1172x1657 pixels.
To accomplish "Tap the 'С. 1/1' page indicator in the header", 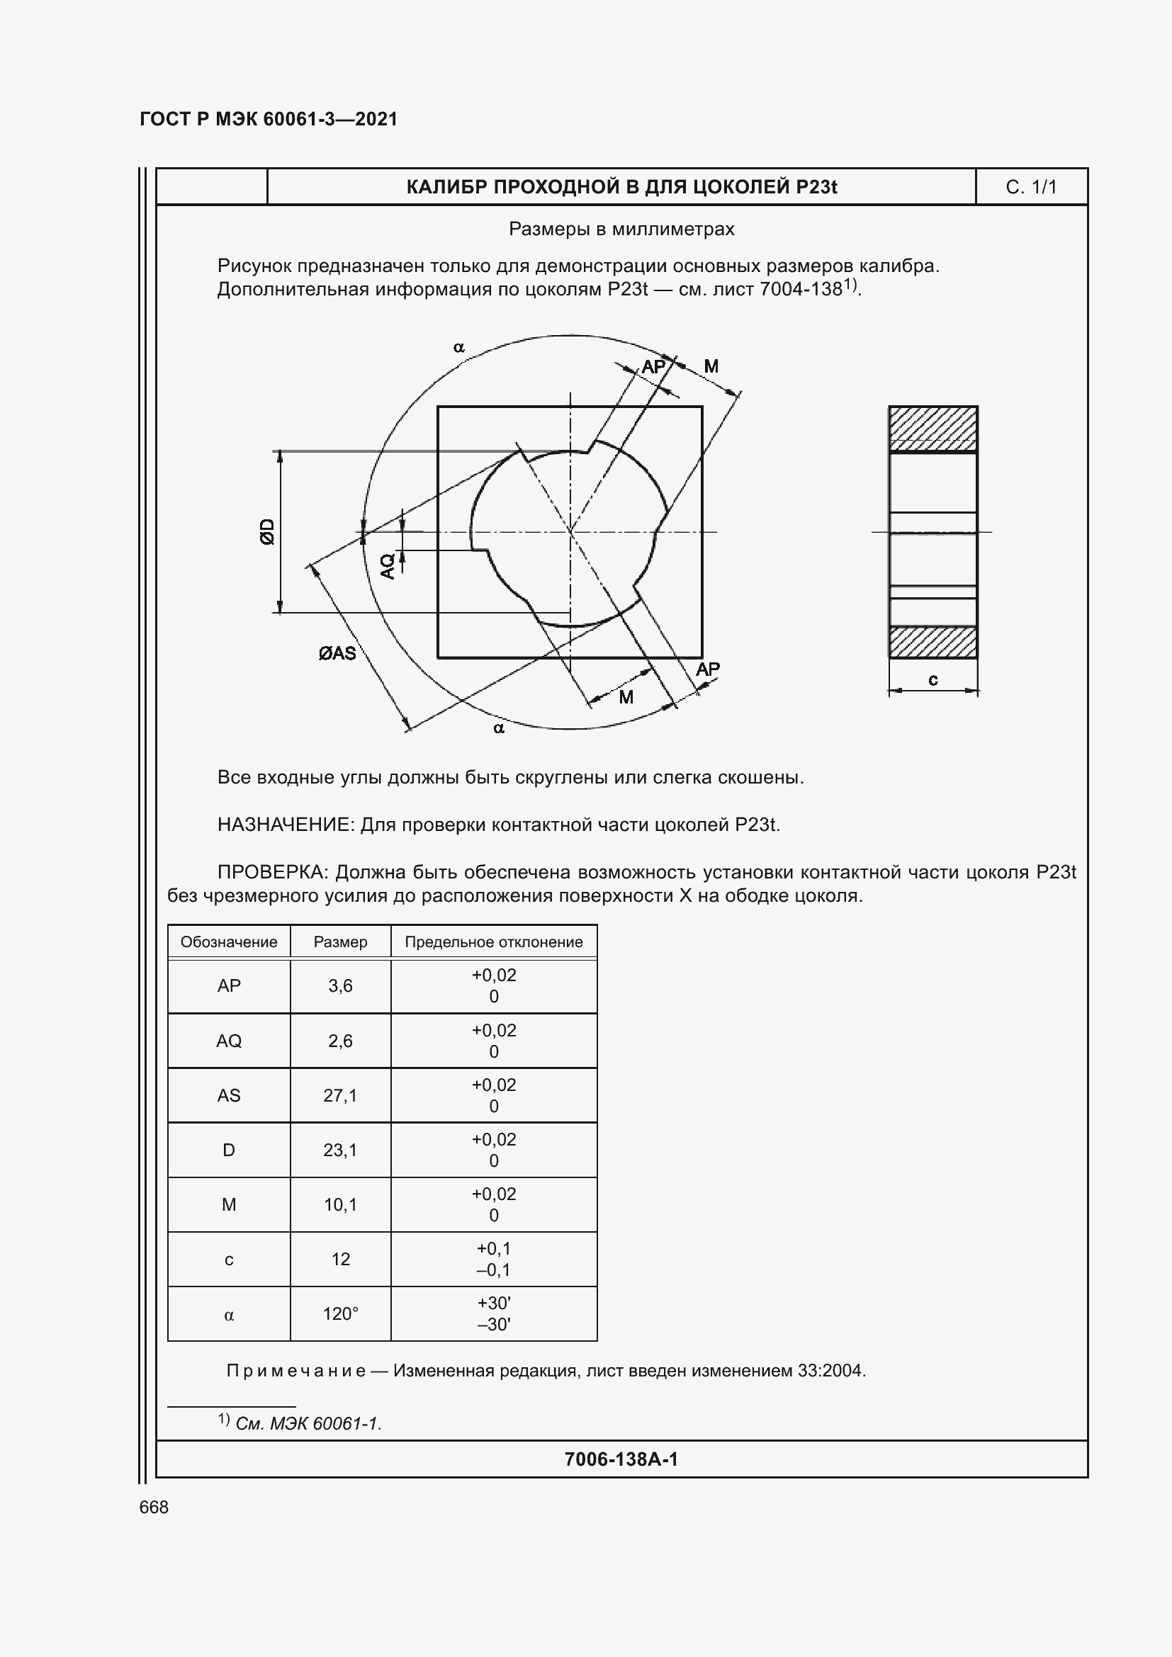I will coord(1030,188).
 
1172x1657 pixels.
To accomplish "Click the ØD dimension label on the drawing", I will coord(268,531).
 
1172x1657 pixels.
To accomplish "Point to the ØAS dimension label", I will coord(337,653).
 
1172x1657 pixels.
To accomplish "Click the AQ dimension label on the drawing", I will coord(388,565).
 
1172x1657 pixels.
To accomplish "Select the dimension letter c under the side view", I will coord(932,679).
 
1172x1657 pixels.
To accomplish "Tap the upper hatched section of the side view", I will coord(932,429).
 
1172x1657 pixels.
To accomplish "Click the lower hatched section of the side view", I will coord(932,642).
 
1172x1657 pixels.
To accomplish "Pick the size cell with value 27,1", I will coord(340,1095).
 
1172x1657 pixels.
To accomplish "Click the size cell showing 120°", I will coord(340,1313).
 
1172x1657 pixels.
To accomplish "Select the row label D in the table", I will coord(229,1150).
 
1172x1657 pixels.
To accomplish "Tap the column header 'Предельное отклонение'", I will coord(494,941).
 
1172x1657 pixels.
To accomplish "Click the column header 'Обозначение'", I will coord(229,941).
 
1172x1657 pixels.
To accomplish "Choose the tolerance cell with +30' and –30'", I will coord(494,1313).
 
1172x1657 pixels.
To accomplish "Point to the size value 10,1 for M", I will coord(340,1204).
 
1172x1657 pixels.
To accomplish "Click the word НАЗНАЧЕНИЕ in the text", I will coord(286,825).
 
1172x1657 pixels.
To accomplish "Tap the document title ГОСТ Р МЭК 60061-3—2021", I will coord(269,119).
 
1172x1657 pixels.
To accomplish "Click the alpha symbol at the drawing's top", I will coord(459,348).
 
